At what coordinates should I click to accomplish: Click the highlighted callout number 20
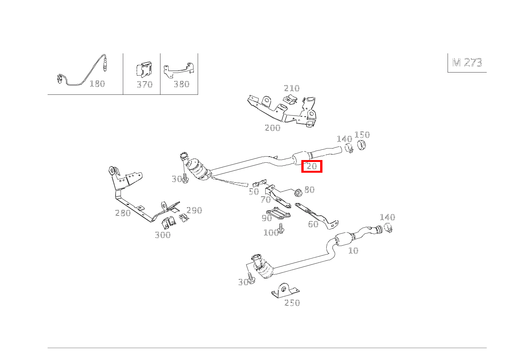[312, 166]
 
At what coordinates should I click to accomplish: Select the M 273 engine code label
[467, 63]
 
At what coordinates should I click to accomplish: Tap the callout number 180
[97, 84]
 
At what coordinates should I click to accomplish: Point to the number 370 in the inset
[144, 84]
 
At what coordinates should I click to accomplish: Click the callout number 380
[181, 84]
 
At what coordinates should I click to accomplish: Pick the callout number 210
[292, 88]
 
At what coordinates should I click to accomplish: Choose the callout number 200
[273, 128]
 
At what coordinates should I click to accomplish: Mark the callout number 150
[362, 135]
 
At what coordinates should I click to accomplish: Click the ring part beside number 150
[361, 145]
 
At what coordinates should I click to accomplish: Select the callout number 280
[123, 213]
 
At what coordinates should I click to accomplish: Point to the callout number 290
[194, 210]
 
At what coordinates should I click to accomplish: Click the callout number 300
[163, 235]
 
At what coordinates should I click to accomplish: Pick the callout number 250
[292, 303]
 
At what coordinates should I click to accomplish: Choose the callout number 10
[354, 251]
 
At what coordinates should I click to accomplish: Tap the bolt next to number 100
[281, 229]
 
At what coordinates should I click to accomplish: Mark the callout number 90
[267, 218]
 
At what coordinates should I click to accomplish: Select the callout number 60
[313, 225]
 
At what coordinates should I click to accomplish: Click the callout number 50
[254, 192]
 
